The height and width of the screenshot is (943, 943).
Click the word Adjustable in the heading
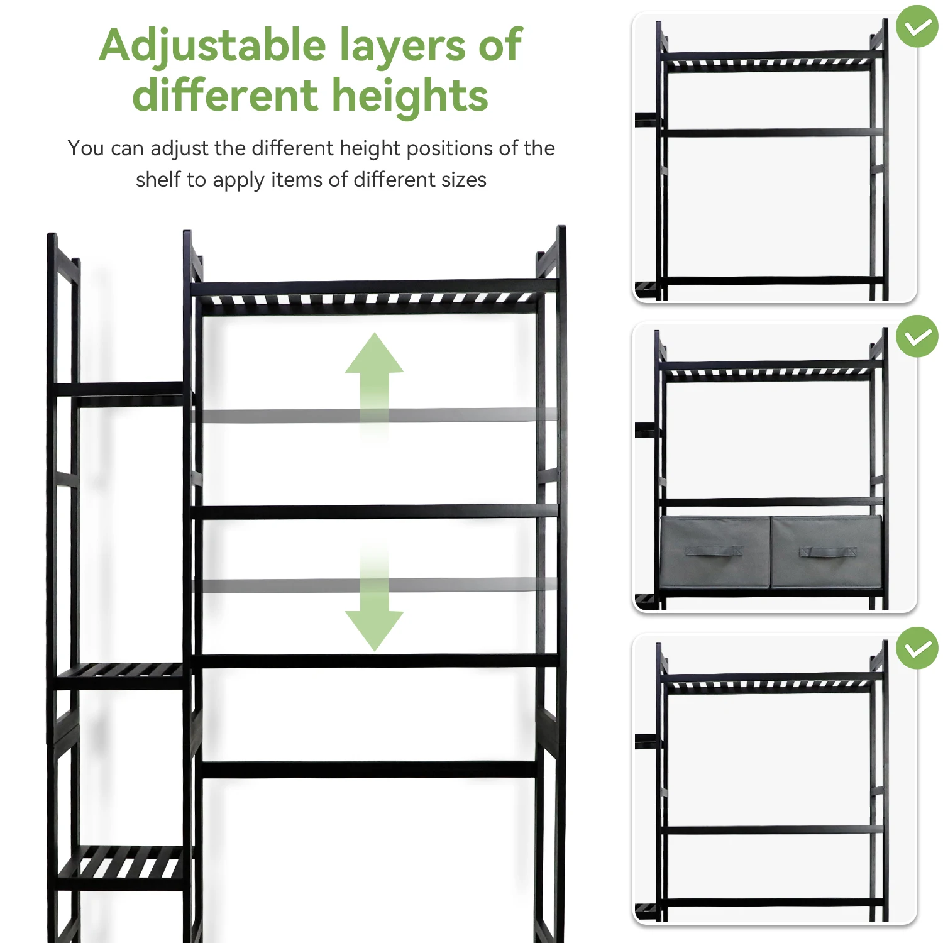[212, 47]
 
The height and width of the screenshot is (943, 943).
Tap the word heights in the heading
[409, 96]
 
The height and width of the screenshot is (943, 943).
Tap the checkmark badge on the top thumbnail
[917, 26]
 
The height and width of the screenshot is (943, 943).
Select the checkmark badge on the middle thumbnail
[917, 336]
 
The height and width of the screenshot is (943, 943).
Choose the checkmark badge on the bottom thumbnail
[917, 648]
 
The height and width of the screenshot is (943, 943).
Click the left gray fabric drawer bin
[715, 552]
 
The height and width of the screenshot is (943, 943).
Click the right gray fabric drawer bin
[826, 552]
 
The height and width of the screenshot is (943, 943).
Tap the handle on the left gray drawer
[714, 551]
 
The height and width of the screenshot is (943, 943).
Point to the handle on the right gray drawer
[827, 552]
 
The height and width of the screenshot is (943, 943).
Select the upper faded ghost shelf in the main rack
[377, 416]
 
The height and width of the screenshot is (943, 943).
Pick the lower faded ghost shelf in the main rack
[377, 585]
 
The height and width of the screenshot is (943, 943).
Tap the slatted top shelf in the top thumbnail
[768, 62]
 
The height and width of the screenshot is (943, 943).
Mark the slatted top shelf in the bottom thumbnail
[768, 683]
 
